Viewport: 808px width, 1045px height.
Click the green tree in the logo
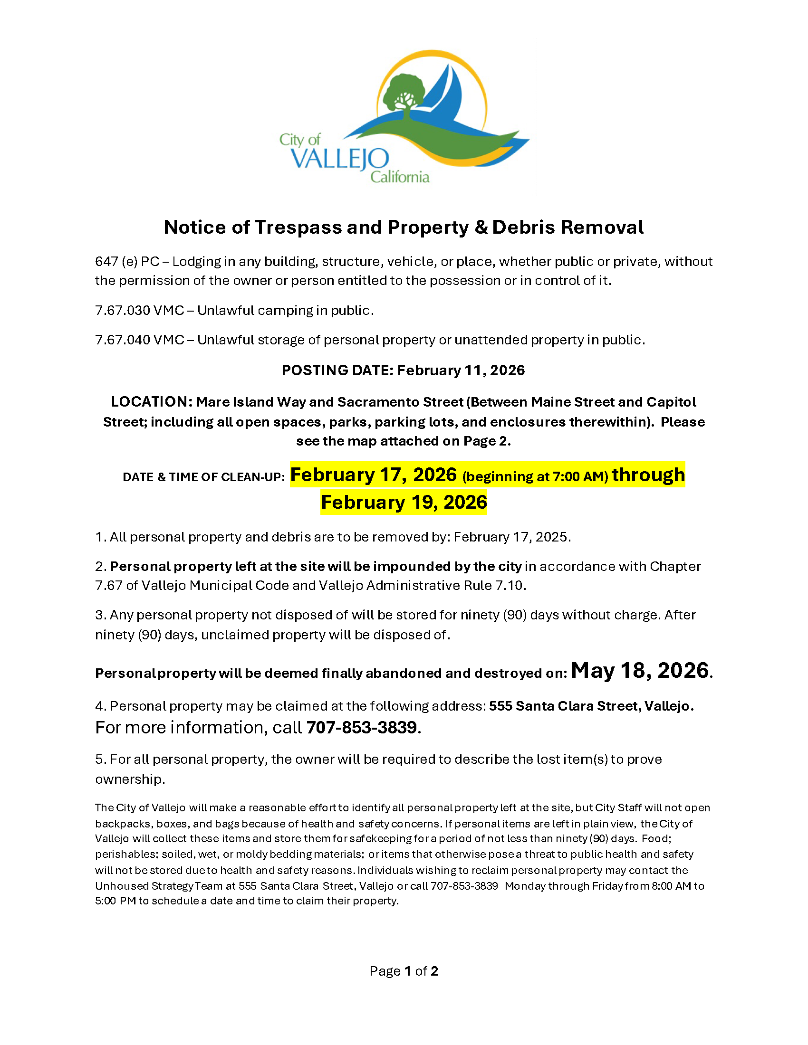[x=404, y=94]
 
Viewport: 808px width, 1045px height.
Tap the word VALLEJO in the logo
[x=340, y=159]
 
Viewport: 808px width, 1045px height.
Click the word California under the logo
[x=400, y=178]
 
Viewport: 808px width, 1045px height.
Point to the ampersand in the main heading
[x=481, y=227]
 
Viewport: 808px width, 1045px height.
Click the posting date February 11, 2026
[x=461, y=370]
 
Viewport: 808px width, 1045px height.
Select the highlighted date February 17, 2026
[x=374, y=475]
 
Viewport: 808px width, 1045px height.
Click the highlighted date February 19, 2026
[x=404, y=503]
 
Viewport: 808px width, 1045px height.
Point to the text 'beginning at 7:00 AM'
[x=535, y=476]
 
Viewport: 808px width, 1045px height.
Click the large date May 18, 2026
[x=639, y=671]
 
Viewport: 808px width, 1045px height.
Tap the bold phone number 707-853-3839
[x=361, y=727]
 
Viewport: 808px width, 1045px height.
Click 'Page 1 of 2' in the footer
[x=404, y=971]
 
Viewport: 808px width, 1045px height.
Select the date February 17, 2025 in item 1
[x=511, y=537]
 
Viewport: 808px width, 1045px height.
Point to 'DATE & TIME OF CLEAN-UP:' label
[x=204, y=477]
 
